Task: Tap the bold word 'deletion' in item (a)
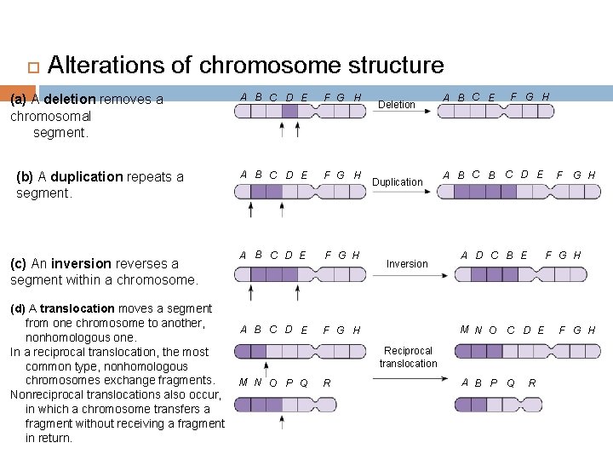click(71, 99)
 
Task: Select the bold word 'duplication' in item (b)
click(87, 177)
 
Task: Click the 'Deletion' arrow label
click(397, 105)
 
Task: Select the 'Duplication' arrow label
click(397, 182)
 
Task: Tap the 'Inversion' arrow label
click(407, 264)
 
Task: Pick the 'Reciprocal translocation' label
click(408, 357)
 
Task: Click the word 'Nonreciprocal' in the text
click(48, 394)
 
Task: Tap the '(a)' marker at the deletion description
click(18, 99)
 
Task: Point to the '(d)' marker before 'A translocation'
click(18, 308)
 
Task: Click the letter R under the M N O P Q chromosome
click(327, 382)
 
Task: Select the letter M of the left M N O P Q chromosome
click(244, 382)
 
